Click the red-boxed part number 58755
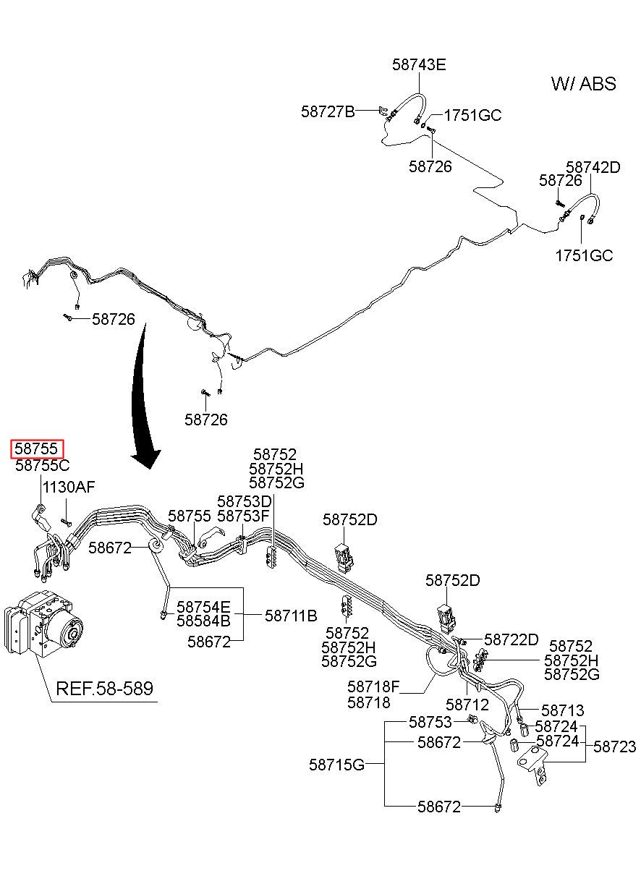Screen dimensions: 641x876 [36, 448]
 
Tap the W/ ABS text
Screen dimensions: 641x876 [584, 84]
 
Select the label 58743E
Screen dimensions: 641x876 [419, 64]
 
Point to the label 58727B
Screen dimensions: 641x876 [328, 112]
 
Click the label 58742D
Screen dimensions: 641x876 [593, 167]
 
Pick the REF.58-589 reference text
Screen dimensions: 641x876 [104, 689]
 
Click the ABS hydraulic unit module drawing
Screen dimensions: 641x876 [43, 625]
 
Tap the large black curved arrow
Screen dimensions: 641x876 [143, 395]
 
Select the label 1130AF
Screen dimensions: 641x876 [69, 488]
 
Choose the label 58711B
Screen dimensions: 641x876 [291, 616]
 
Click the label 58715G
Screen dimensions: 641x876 [336, 765]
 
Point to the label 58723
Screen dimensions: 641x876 [614, 747]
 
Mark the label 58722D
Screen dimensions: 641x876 [511, 639]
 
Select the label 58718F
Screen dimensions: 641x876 [373, 686]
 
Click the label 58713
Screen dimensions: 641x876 [562, 710]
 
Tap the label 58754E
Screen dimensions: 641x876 [203, 607]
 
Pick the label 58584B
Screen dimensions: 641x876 [203, 621]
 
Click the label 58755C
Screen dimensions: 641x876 [42, 465]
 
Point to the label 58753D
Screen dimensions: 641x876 [244, 501]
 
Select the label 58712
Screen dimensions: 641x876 [467, 705]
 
